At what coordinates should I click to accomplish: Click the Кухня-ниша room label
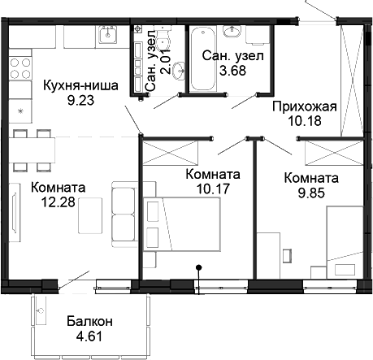[74, 85]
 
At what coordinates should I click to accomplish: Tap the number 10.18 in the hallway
[301, 123]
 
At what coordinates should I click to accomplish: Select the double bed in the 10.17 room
[188, 229]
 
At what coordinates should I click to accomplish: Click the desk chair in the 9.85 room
[286, 255]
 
